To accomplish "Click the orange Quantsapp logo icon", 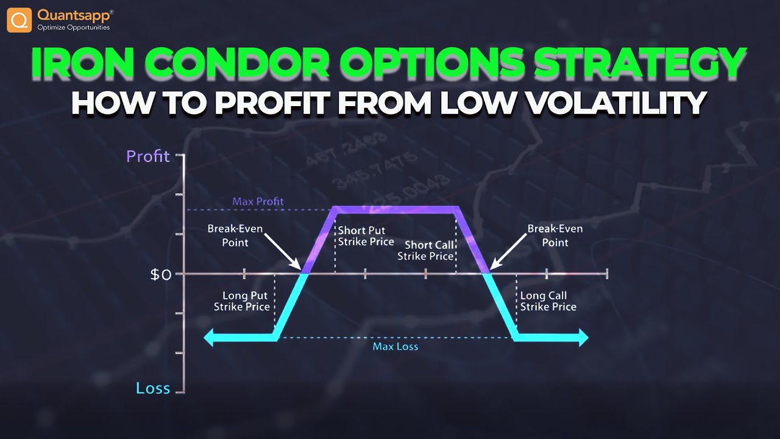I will click(x=19, y=20).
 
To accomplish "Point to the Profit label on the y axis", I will click(x=147, y=156).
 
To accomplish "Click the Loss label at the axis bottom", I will click(x=153, y=388).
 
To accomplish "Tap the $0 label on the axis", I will click(x=161, y=274).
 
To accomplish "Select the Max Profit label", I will click(x=258, y=201).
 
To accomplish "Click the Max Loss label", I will click(x=395, y=346).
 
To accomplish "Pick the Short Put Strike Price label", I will click(x=366, y=236).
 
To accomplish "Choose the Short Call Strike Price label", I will click(x=425, y=250).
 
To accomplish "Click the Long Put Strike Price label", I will click(x=242, y=301).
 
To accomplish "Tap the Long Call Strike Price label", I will click(x=548, y=301).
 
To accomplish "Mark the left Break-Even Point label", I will click(x=235, y=235).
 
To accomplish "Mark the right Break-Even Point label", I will click(x=555, y=235).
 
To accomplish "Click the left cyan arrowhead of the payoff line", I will click(x=209, y=338).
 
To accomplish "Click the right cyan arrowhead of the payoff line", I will click(x=583, y=338).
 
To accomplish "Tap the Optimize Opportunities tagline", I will click(x=73, y=27).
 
